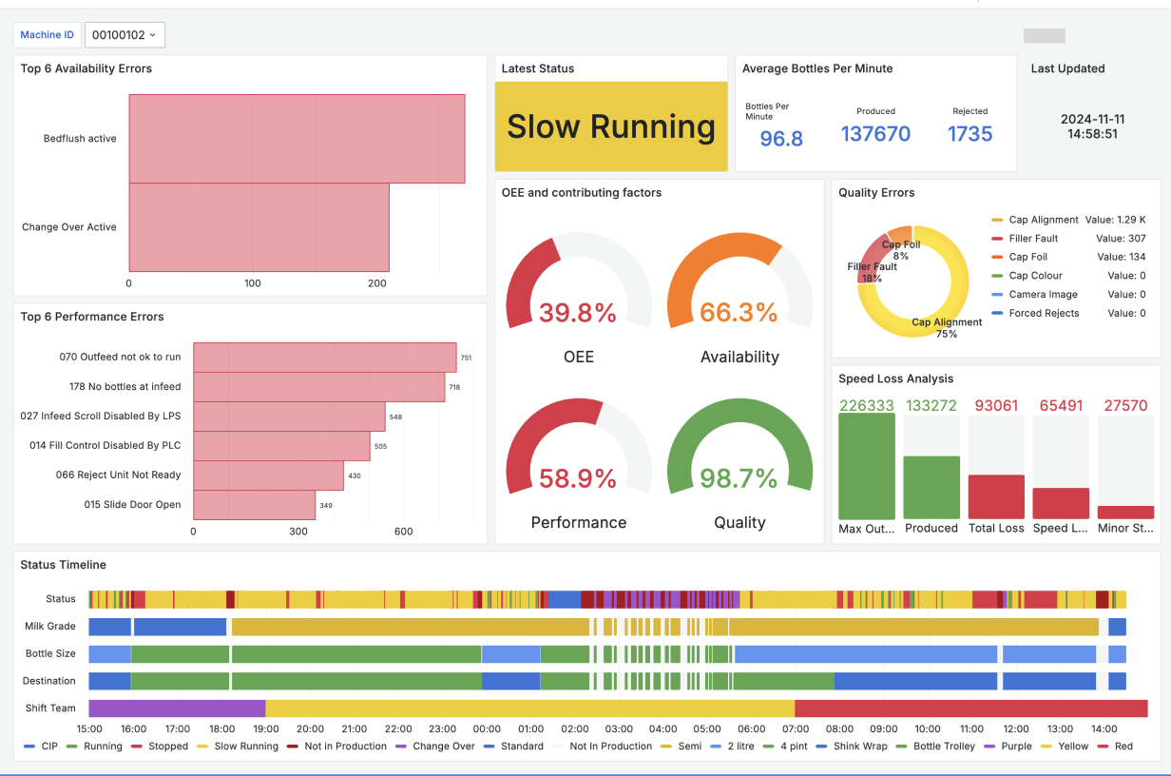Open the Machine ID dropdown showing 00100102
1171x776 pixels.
125,35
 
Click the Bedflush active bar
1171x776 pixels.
297,139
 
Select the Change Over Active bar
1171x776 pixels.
259,227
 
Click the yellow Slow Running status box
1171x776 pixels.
611,126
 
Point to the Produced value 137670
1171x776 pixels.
875,134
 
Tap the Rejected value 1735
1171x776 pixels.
969,134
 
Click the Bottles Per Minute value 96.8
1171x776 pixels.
781,139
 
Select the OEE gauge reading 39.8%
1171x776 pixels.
578,313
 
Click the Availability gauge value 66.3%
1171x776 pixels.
739,313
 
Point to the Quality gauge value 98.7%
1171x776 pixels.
739,478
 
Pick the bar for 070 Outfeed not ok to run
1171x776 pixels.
325,358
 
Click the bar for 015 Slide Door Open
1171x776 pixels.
254,505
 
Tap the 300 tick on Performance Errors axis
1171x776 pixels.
298,532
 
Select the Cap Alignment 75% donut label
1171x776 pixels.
947,328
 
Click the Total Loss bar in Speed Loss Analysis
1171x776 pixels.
996,496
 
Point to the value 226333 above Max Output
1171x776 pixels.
866,405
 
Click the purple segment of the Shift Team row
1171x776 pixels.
177,708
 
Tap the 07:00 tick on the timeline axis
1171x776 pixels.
796,729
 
